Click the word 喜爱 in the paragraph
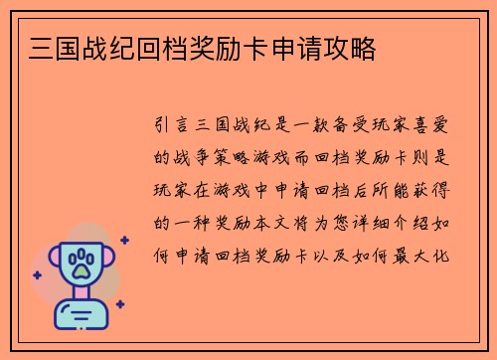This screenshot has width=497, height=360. (430, 129)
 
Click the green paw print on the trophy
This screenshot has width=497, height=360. (84, 263)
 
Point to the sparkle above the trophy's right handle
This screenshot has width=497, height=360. (124, 240)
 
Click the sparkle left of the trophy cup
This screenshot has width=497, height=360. (39, 274)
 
